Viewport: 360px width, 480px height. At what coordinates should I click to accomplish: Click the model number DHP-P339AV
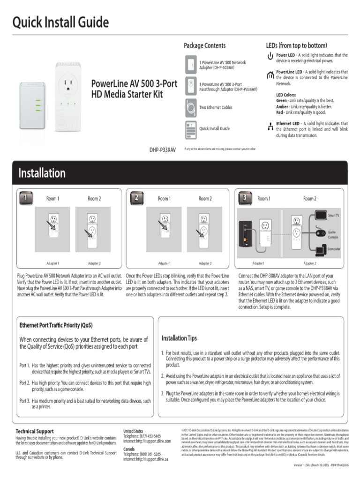(163, 150)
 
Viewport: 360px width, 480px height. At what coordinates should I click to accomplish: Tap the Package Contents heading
(204, 45)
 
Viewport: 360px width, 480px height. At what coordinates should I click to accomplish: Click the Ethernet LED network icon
(270, 126)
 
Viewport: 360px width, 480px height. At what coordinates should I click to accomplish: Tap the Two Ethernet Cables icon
(191, 107)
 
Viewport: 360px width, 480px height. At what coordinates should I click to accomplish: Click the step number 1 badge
(26, 198)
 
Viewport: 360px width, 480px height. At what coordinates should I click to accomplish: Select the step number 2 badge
(136, 198)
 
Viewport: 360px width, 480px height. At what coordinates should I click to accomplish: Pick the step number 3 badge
(245, 198)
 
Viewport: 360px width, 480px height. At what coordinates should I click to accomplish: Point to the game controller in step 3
(321, 232)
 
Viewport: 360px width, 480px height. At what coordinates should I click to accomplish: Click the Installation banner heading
(42, 173)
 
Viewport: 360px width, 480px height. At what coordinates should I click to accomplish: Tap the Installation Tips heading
(179, 338)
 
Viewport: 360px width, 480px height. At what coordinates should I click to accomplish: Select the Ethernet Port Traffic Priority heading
(56, 325)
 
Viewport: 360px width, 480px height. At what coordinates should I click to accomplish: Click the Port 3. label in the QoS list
(24, 401)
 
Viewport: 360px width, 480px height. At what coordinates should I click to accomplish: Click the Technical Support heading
(35, 431)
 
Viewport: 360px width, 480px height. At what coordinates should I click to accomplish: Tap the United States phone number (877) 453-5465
(149, 435)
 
